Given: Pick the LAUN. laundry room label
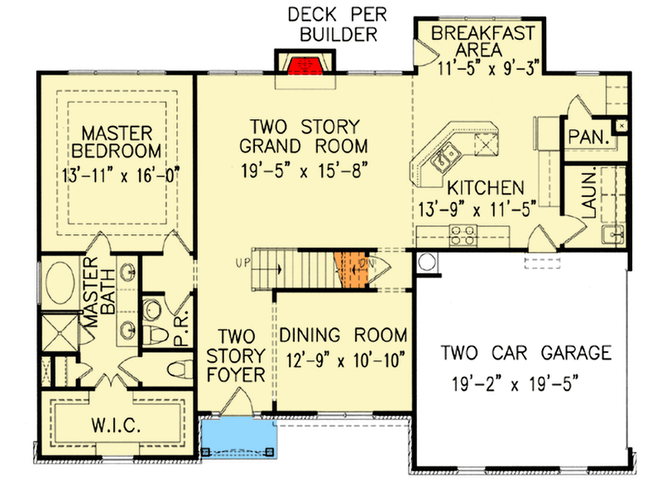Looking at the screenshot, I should tap(589, 195).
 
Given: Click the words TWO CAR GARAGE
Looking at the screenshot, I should tap(525, 354).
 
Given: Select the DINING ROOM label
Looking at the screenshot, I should tap(343, 335).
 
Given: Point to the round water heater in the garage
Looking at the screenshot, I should tap(427, 263).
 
